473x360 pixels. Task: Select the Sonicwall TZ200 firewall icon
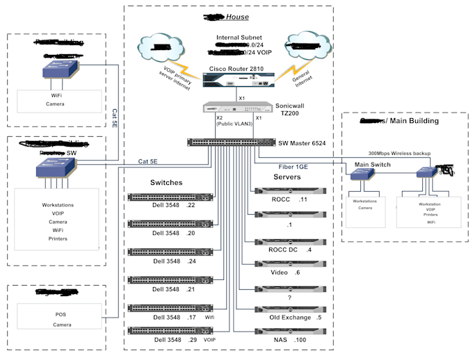tap(236, 108)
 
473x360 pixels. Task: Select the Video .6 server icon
tap(289, 263)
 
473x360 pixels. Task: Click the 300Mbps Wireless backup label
tap(398, 153)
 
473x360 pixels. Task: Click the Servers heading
tap(288, 179)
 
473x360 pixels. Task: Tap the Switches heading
tap(166, 183)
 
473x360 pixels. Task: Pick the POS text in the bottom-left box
tap(61, 314)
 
